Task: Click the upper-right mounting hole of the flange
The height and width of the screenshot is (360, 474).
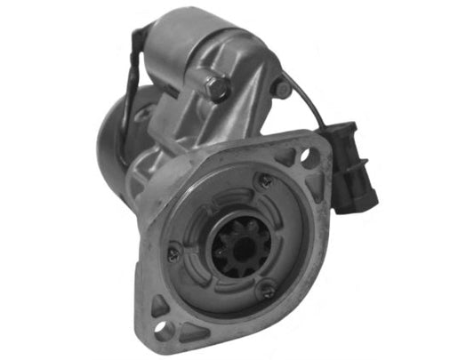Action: [x=308, y=157]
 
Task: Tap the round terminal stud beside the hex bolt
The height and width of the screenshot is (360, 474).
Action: [x=281, y=88]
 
